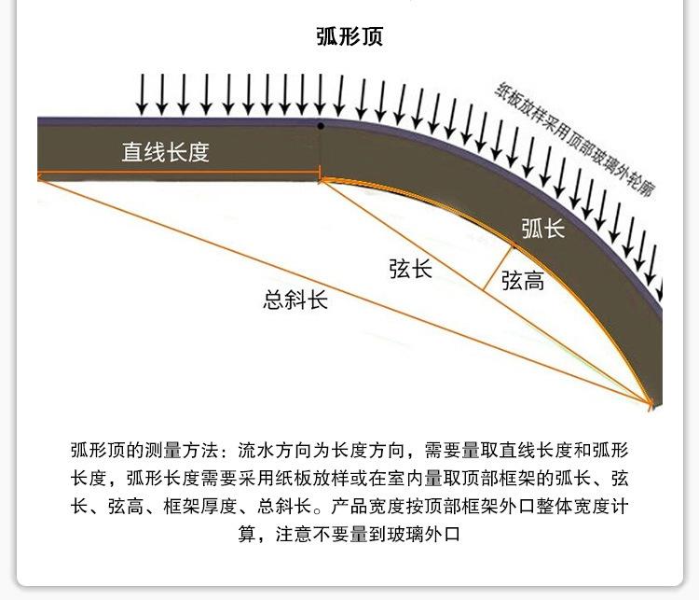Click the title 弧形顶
[349, 37]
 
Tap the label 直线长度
[165, 152]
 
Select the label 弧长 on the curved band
[543, 228]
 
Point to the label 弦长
[411, 269]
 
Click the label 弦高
[523, 281]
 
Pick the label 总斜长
[295, 300]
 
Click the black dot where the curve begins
[321, 125]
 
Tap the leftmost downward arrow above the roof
[143, 93]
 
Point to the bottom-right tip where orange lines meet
[650, 402]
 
